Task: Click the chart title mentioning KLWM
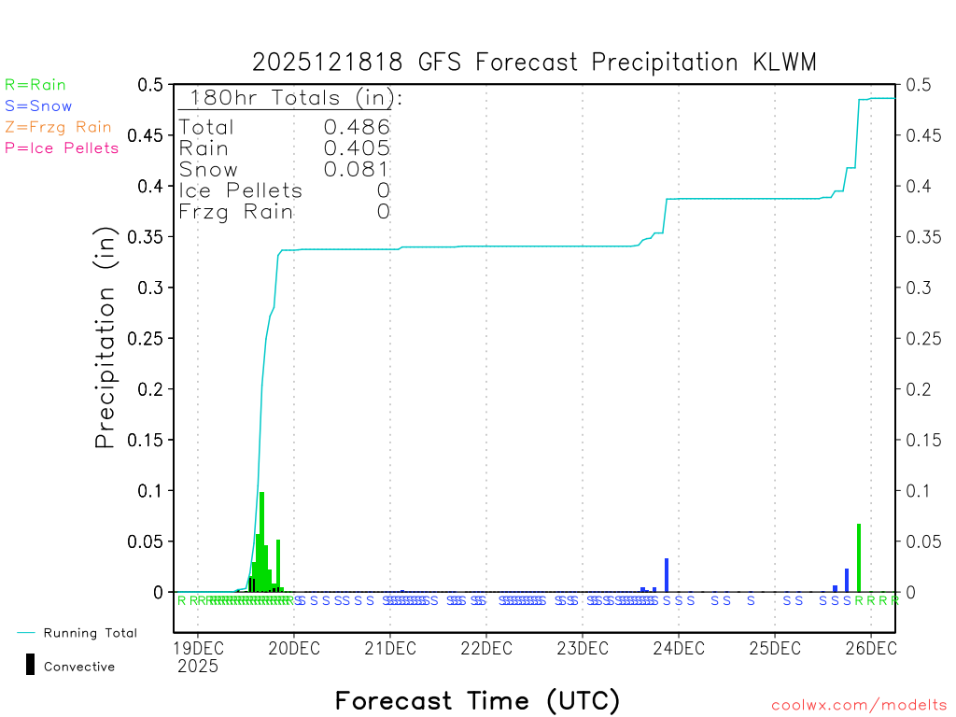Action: [x=534, y=63]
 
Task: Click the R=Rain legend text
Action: [x=35, y=85]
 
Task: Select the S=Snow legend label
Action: [x=38, y=106]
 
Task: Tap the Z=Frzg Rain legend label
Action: [x=58, y=127]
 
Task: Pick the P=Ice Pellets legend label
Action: [x=62, y=148]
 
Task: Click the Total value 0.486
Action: [x=357, y=127]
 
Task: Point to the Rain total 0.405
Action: [x=357, y=148]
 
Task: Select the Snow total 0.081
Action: [x=357, y=169]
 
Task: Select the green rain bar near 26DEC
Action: [x=859, y=558]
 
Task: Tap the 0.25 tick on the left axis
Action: [x=149, y=339]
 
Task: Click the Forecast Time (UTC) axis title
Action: [x=477, y=700]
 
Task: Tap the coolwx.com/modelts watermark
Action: [x=859, y=706]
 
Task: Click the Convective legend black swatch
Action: [x=31, y=665]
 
